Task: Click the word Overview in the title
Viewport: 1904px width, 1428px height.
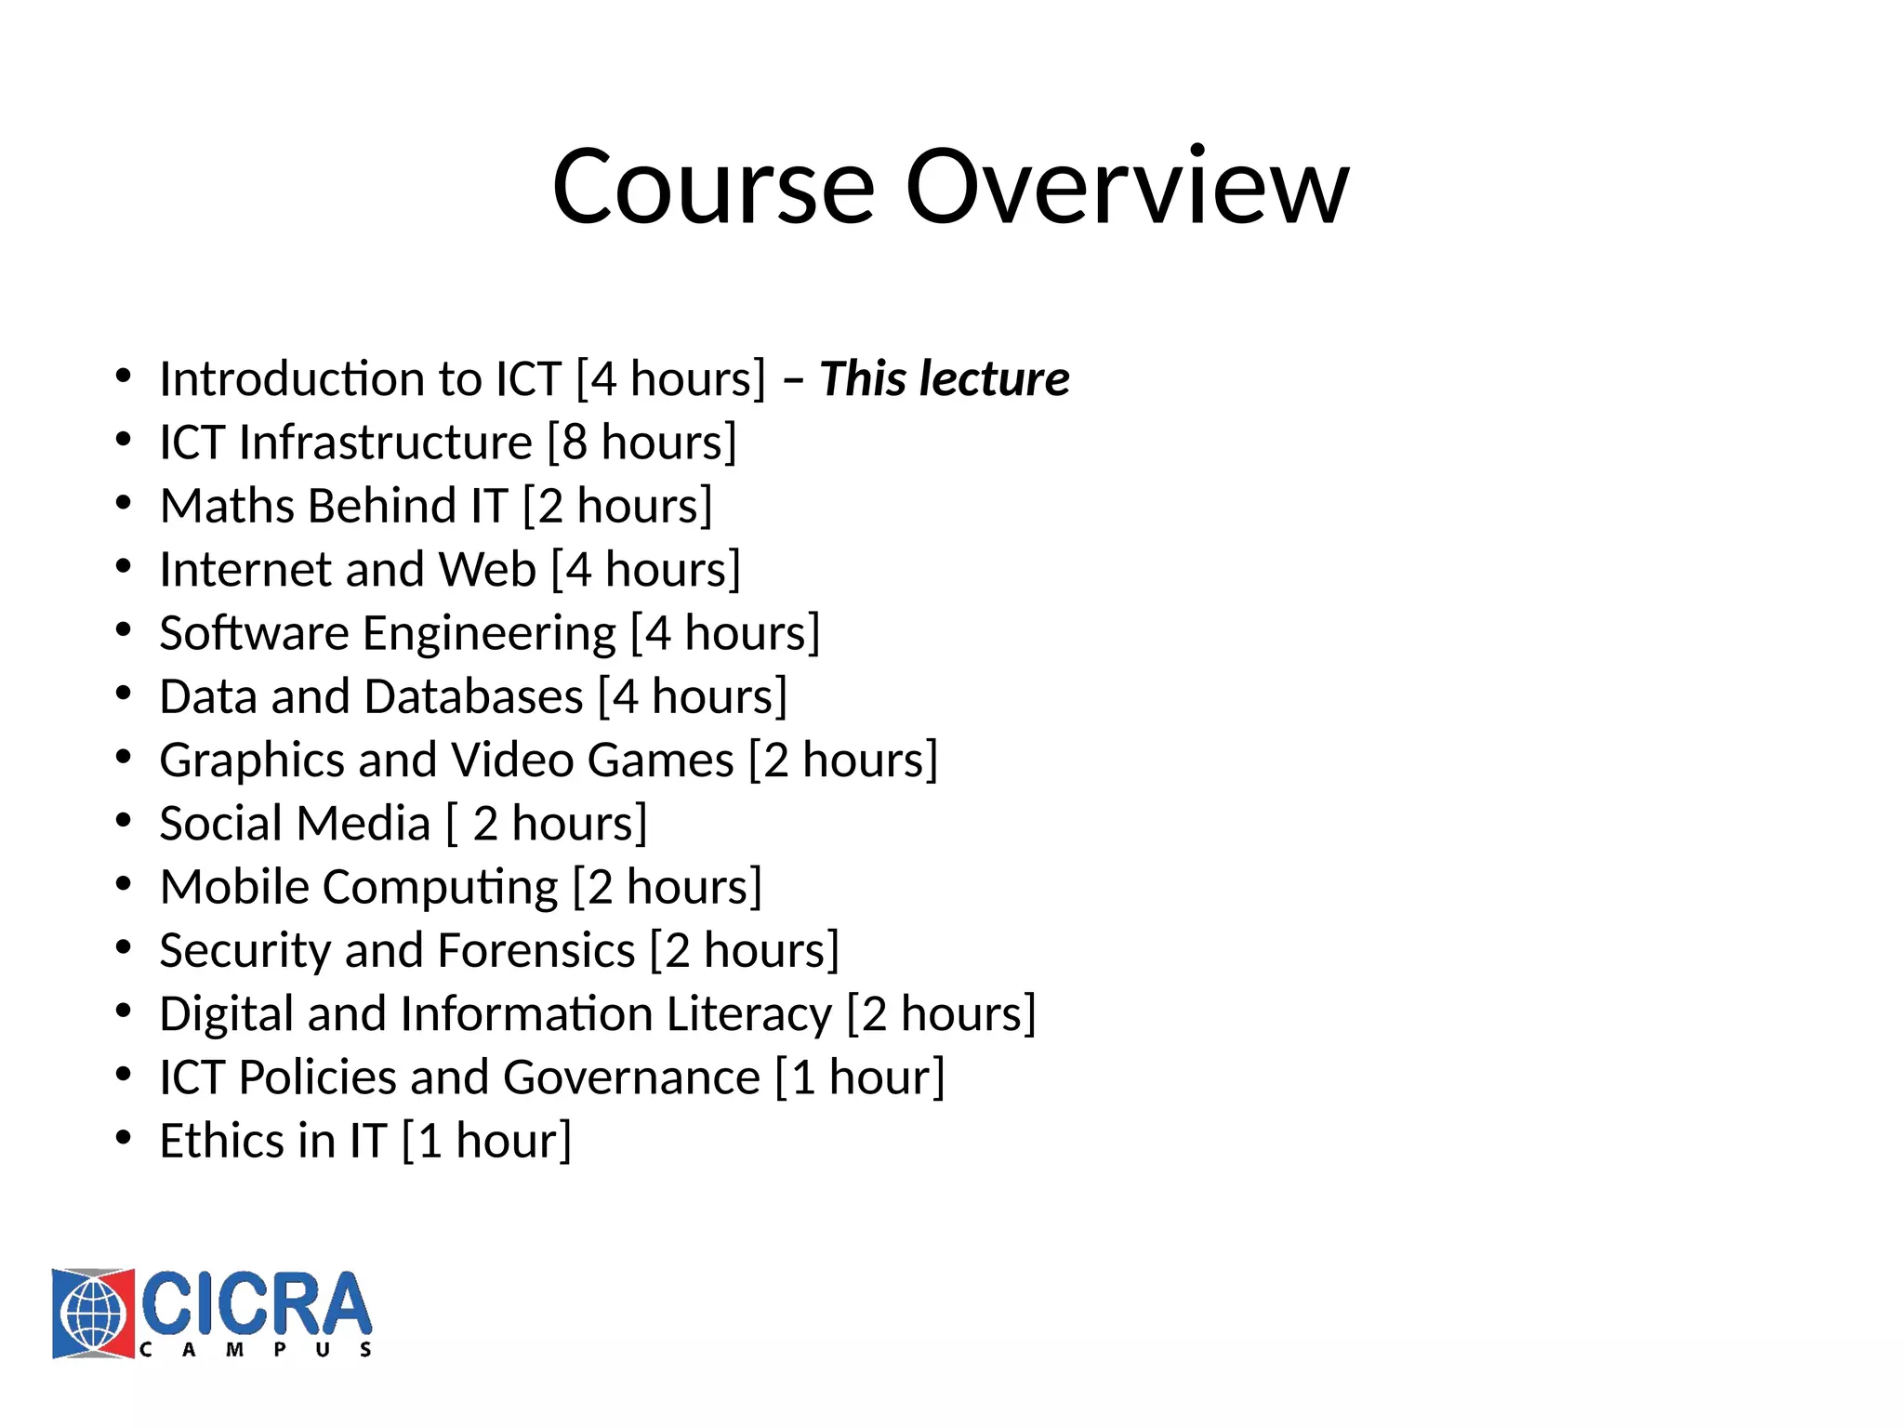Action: [1127, 188]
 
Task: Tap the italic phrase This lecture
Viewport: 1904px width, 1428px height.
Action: [944, 379]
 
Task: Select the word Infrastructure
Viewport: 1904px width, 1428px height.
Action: [385, 443]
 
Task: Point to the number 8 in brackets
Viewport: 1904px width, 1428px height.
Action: [575, 443]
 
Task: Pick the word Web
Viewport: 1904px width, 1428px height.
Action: [487, 569]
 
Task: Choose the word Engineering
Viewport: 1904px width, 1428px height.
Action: [489, 634]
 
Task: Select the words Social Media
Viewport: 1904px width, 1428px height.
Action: [295, 824]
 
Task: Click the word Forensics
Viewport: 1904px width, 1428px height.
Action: [536, 951]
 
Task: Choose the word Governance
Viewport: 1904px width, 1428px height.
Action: [632, 1078]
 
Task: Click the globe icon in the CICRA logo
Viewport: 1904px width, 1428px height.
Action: [93, 1314]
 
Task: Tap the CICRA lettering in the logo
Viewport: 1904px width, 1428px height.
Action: [257, 1303]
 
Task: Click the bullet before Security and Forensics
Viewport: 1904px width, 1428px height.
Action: [124, 947]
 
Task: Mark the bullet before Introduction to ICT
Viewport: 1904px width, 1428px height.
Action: [124, 377]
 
